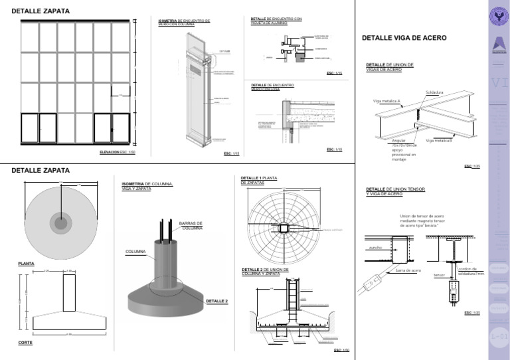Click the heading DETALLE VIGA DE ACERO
click(x=404, y=39)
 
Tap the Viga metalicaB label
click(x=439, y=141)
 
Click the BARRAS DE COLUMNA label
click(x=192, y=226)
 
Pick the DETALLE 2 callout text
click(x=216, y=301)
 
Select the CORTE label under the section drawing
click(x=25, y=343)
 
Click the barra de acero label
click(x=408, y=270)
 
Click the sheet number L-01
click(x=499, y=337)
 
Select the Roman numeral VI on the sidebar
click(x=499, y=83)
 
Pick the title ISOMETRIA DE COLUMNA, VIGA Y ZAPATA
click(x=147, y=186)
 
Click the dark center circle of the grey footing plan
click(x=61, y=223)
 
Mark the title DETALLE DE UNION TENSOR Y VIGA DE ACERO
click(x=395, y=191)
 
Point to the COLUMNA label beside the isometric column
click(x=135, y=252)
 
